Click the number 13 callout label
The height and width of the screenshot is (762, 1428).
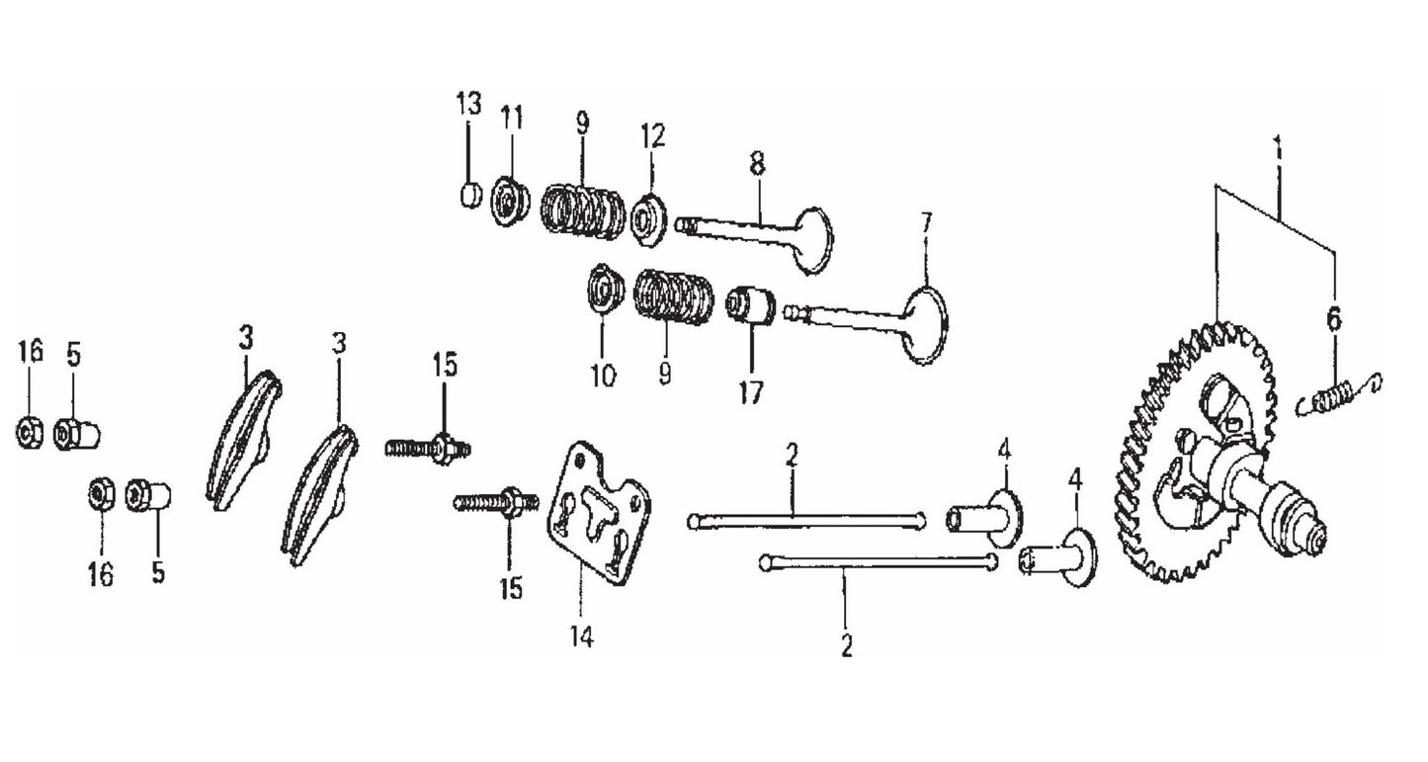(x=468, y=103)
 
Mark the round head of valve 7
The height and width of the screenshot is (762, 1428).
(x=926, y=323)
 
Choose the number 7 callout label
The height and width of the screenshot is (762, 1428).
(x=926, y=222)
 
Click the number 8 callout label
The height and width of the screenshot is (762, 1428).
(x=757, y=165)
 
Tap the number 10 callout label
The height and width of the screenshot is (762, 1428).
(x=603, y=376)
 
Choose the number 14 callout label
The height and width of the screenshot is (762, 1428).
(x=581, y=639)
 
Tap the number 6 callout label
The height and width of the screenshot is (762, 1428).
(x=1334, y=318)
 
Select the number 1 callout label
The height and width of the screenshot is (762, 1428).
(x=1278, y=151)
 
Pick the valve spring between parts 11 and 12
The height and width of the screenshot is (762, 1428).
(x=583, y=212)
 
